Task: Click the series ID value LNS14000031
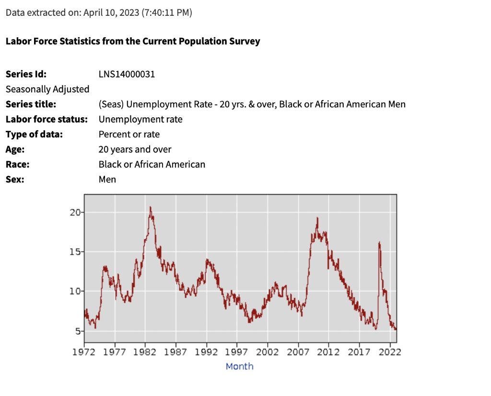tap(127, 74)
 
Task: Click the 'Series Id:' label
tap(26, 74)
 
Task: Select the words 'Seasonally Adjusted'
tap(47, 89)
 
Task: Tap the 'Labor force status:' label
tap(47, 119)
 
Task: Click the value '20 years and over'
tap(135, 149)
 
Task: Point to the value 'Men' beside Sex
tap(107, 180)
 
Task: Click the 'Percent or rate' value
tap(129, 134)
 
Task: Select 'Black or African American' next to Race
tap(152, 164)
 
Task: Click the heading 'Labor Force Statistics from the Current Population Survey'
tap(133, 41)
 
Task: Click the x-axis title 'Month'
tap(239, 366)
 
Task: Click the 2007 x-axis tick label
tap(298, 352)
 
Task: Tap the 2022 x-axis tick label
tap(390, 352)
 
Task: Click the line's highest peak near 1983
tap(150, 207)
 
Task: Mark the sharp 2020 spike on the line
tap(379, 243)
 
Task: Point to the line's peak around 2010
tap(317, 218)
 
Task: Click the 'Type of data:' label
tap(34, 134)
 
